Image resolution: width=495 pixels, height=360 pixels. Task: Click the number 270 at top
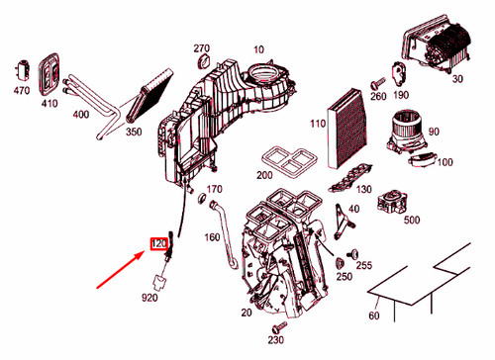201,48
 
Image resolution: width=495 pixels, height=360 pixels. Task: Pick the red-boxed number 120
158,242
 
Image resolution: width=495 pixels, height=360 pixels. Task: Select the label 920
150,297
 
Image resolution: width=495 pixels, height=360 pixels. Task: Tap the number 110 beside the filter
318,124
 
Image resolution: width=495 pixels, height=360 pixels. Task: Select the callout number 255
363,265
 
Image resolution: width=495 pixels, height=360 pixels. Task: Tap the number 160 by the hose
212,236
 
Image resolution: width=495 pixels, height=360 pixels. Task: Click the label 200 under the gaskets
263,175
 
